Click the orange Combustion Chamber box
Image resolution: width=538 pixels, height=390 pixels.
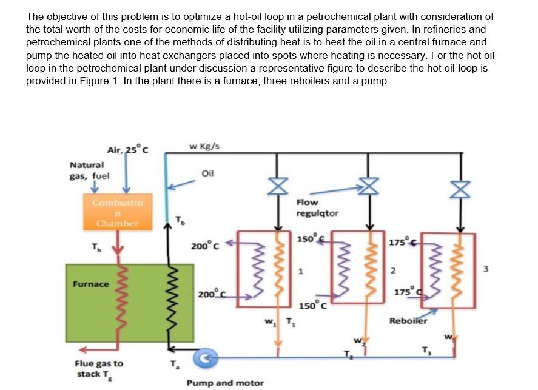pyautogui.click(x=118, y=212)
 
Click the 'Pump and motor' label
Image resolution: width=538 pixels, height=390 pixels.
pyautogui.click(x=224, y=383)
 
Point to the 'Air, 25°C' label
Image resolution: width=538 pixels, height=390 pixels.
pyautogui.click(x=127, y=149)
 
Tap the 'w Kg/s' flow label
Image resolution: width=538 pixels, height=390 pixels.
pyautogui.click(x=204, y=146)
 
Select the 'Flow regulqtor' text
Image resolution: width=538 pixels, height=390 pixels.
pyautogui.click(x=317, y=207)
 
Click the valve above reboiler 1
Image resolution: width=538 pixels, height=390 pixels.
pyautogui.click(x=277, y=186)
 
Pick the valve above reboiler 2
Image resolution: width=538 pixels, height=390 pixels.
pyautogui.click(x=367, y=184)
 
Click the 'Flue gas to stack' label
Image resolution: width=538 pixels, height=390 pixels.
pyautogui.click(x=98, y=368)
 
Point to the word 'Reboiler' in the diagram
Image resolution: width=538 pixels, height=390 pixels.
pyautogui.click(x=408, y=320)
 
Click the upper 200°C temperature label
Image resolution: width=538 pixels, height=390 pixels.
pyautogui.click(x=200, y=246)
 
